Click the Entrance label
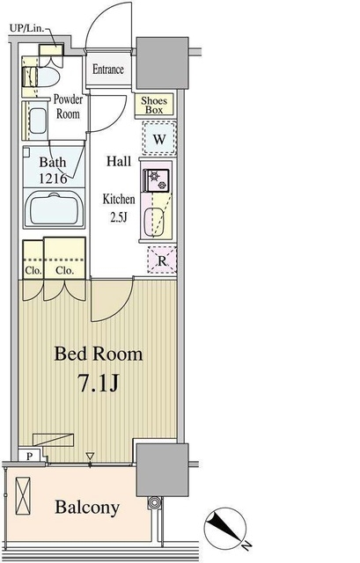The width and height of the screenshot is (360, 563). (107, 69)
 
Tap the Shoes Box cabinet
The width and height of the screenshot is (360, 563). (154, 106)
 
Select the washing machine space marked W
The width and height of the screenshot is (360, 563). (159, 138)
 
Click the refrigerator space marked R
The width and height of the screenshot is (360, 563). (162, 260)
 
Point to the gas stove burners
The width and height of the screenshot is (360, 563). (157, 180)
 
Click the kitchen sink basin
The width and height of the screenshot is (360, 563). (154, 223)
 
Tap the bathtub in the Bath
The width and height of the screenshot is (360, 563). (54, 208)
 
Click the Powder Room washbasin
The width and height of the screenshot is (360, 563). (38, 121)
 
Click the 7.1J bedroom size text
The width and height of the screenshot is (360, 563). (99, 383)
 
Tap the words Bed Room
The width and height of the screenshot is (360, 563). (98, 354)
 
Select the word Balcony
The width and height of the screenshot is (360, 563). (87, 508)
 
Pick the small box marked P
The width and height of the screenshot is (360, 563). (29, 456)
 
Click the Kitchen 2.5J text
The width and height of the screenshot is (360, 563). (119, 208)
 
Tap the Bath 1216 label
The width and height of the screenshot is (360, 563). (53, 170)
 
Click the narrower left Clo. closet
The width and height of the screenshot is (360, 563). (33, 260)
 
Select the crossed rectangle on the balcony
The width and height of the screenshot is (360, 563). (23, 496)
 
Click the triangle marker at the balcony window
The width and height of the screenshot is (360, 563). (90, 457)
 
